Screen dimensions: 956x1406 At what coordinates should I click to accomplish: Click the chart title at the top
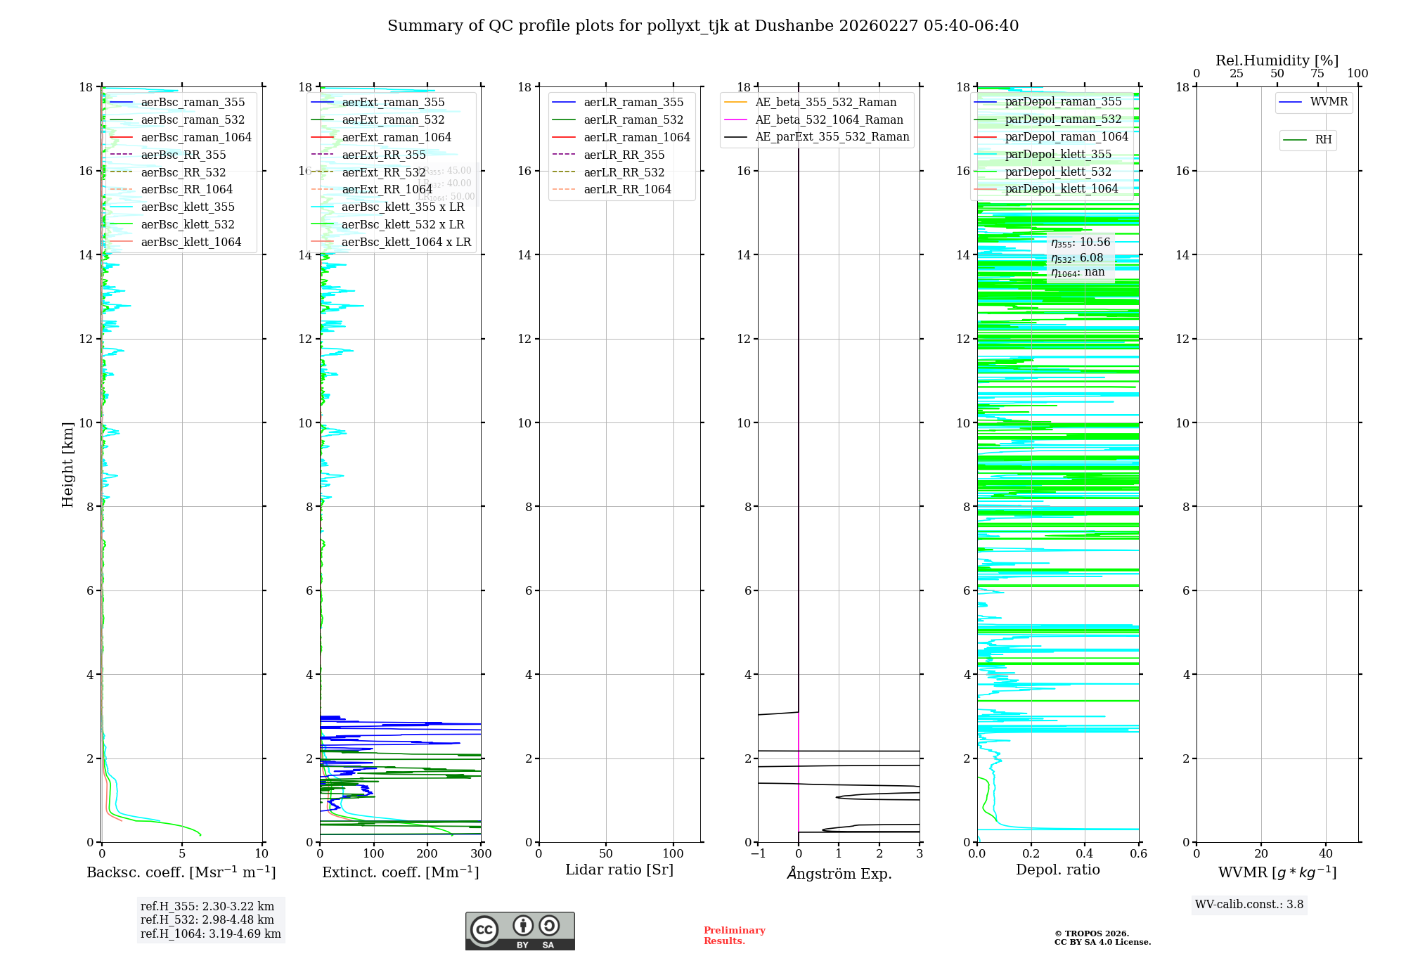pos(703,26)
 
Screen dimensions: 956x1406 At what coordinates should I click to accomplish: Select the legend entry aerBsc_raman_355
pos(193,103)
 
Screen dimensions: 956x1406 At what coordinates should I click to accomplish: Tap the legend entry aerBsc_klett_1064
pos(191,243)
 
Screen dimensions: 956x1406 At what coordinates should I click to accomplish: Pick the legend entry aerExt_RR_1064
pos(387,190)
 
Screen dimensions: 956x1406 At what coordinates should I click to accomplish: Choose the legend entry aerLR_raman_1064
pos(636,138)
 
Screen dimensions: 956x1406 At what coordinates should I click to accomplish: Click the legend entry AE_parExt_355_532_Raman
pos(832,137)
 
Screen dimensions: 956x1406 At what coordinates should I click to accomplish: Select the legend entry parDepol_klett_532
pos(1058,172)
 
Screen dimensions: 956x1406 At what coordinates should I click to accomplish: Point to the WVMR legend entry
pos(1328,102)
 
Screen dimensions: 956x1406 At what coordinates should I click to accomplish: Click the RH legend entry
pos(1322,140)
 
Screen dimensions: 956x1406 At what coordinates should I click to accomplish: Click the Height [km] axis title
pos(67,464)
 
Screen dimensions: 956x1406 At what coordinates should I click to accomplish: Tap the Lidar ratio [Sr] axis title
pos(619,870)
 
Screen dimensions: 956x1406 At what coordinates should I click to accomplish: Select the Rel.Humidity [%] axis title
pos(1277,60)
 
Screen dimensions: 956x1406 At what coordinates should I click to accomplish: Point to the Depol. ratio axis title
pos(1057,870)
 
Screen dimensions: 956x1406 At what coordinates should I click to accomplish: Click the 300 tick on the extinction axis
pos(481,854)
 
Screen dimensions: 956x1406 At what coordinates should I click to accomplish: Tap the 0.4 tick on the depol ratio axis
pos(1085,854)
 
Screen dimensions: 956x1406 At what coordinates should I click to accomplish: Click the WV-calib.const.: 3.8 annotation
pos(1249,905)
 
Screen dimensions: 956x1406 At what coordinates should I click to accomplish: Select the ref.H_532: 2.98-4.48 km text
pos(207,919)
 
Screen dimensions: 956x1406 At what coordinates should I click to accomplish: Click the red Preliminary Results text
pos(734,936)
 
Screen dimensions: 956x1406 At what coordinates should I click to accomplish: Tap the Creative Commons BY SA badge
pos(520,931)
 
